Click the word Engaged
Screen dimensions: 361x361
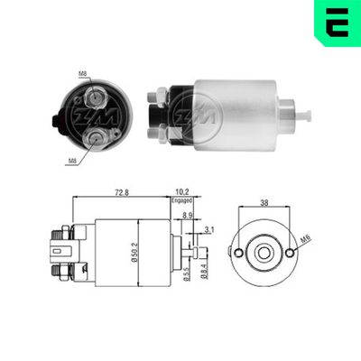[183, 202]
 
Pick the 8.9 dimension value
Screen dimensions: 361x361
[187, 217]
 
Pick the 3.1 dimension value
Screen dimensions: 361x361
[209, 231]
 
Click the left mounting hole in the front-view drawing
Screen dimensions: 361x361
[238, 254]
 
